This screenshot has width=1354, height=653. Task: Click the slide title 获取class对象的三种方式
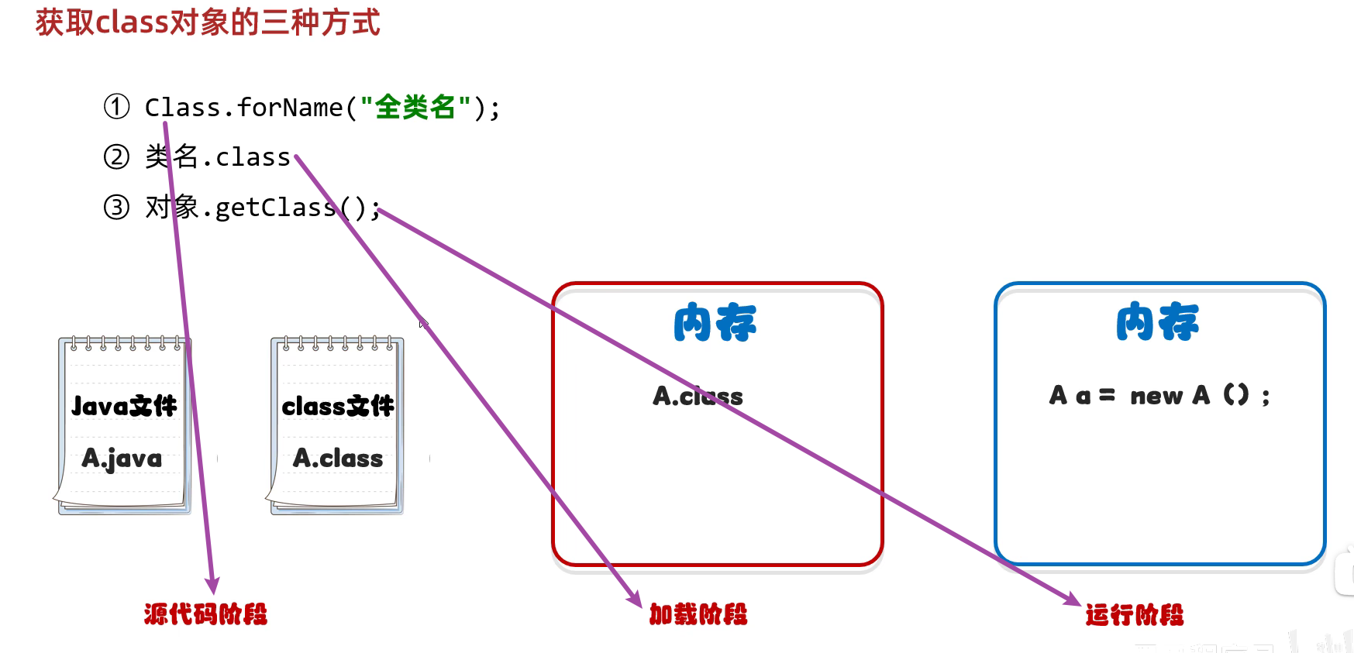coord(208,22)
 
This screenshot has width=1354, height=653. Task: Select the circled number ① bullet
coord(117,107)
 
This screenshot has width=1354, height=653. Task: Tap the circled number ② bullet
coord(117,157)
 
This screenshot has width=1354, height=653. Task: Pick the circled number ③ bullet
coord(117,207)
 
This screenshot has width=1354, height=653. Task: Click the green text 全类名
coord(415,107)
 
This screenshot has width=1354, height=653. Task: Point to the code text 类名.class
coord(218,157)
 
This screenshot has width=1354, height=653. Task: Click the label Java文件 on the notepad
coord(124,406)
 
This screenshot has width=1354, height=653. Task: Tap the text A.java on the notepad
coord(122,459)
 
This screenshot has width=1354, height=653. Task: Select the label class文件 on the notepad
coord(337,406)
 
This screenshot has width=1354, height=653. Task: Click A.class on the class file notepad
coord(338,459)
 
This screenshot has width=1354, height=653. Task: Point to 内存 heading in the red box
coord(715,323)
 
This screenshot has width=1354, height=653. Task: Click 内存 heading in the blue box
coord(1157,323)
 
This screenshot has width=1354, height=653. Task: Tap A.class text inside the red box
coord(698,397)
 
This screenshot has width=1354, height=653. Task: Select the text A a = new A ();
coord(1159,396)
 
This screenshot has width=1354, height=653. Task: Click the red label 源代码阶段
coord(205,614)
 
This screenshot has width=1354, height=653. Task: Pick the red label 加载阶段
coord(698,614)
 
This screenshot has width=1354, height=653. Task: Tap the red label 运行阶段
coord(1135,615)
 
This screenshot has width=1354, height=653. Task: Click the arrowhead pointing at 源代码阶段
coord(212,586)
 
